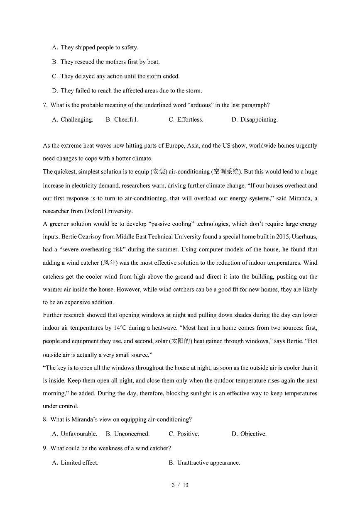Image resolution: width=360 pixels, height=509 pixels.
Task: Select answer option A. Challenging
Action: tap(73, 119)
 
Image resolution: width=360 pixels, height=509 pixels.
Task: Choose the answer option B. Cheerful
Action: tap(122, 119)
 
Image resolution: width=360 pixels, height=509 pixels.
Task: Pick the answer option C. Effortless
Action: tap(186, 119)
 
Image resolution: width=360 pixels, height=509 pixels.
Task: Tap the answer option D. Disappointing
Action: tap(255, 119)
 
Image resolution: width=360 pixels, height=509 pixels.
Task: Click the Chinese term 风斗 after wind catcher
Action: tap(110, 263)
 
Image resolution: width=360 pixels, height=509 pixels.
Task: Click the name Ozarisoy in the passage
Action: tap(91, 237)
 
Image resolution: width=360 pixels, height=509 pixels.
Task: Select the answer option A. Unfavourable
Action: tap(74, 434)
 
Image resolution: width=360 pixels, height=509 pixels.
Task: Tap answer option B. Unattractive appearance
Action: tap(204, 463)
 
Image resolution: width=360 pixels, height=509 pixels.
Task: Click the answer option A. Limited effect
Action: tap(75, 463)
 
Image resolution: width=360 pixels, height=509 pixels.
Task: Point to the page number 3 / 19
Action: tap(180, 485)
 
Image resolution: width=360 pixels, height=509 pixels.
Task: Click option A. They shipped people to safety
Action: tap(95, 48)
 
